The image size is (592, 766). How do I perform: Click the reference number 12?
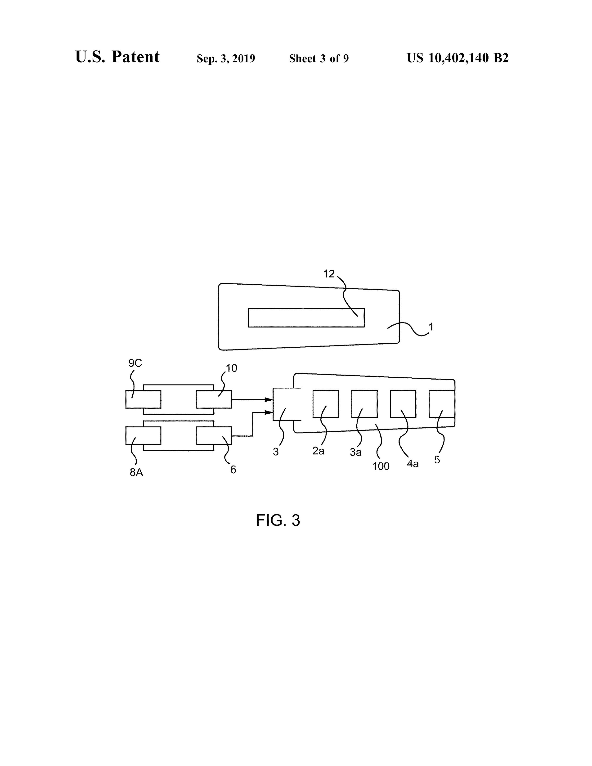pos(329,273)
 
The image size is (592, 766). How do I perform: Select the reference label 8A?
pos(136,472)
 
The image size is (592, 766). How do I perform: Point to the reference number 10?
pos(231,368)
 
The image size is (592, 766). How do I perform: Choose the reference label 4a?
pos(413,464)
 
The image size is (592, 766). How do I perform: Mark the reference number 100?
pos(381,466)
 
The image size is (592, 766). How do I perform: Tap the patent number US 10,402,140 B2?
pos(457,58)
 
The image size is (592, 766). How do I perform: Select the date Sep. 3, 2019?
pos(226,58)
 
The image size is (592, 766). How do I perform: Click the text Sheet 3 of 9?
pos(319,58)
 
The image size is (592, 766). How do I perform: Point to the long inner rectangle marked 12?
pos(306,318)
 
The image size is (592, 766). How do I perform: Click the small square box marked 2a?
pos(325,404)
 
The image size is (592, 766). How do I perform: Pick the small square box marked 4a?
pos(403,404)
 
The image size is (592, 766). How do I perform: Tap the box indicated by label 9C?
pos(143,399)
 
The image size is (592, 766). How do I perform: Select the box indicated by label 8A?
pos(143,436)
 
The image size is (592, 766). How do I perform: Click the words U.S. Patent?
pos(117,57)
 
